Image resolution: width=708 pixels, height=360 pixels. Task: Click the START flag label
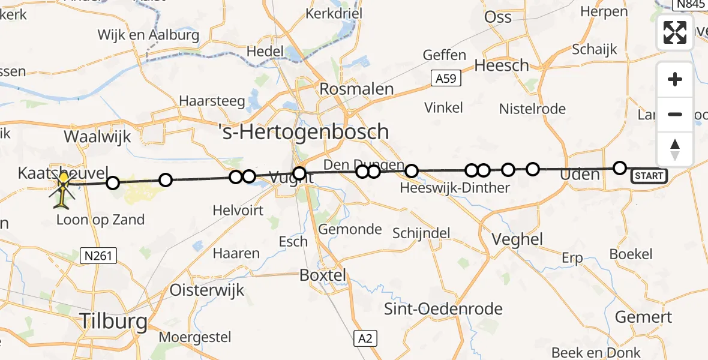pyautogui.click(x=649, y=176)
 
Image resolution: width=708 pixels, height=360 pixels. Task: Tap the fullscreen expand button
pyautogui.click(x=675, y=32)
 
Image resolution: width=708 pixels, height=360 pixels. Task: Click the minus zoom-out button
pyautogui.click(x=675, y=115)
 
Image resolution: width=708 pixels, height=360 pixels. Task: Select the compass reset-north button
pyautogui.click(x=675, y=149)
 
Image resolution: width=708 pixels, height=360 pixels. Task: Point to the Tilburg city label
pyautogui.click(x=113, y=321)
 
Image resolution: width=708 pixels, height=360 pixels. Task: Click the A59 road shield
pyautogui.click(x=445, y=79)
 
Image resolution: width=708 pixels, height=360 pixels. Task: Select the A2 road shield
pyautogui.click(x=365, y=338)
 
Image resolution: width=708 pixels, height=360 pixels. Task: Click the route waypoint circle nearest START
pyautogui.click(x=620, y=168)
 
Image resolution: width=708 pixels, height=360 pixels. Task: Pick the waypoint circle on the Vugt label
pyautogui.click(x=299, y=174)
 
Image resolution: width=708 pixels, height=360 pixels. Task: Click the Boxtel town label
pyautogui.click(x=323, y=275)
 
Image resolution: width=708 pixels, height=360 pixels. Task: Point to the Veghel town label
pyautogui.click(x=517, y=239)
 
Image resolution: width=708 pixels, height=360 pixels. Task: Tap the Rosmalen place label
pyautogui.click(x=356, y=89)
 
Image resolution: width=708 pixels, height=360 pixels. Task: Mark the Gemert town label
pyautogui.click(x=644, y=317)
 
